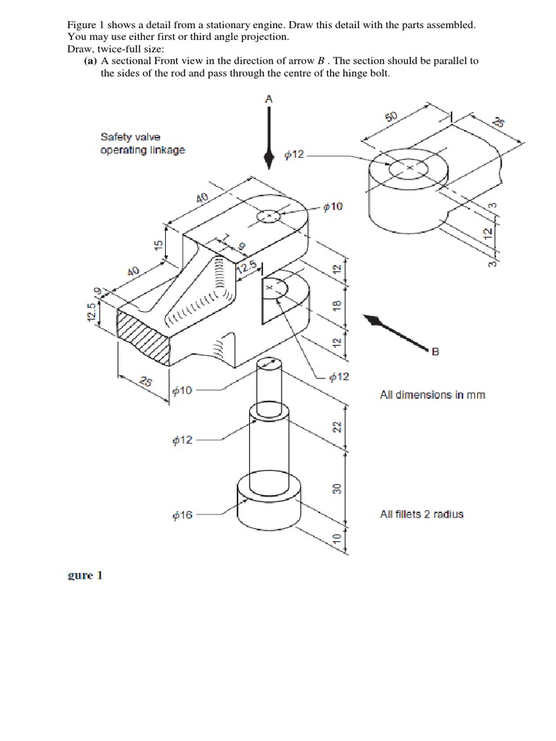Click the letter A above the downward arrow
coord(269,98)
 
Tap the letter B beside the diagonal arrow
coord(435,352)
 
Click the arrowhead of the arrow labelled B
coord(372,321)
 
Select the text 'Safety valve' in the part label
coord(130,137)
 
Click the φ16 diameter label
coord(182,515)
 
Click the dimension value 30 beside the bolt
coord(336,489)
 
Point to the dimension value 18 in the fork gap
coord(336,305)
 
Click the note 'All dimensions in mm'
coord(432,395)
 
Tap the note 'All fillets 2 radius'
coord(421,515)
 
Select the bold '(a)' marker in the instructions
coord(90,62)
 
